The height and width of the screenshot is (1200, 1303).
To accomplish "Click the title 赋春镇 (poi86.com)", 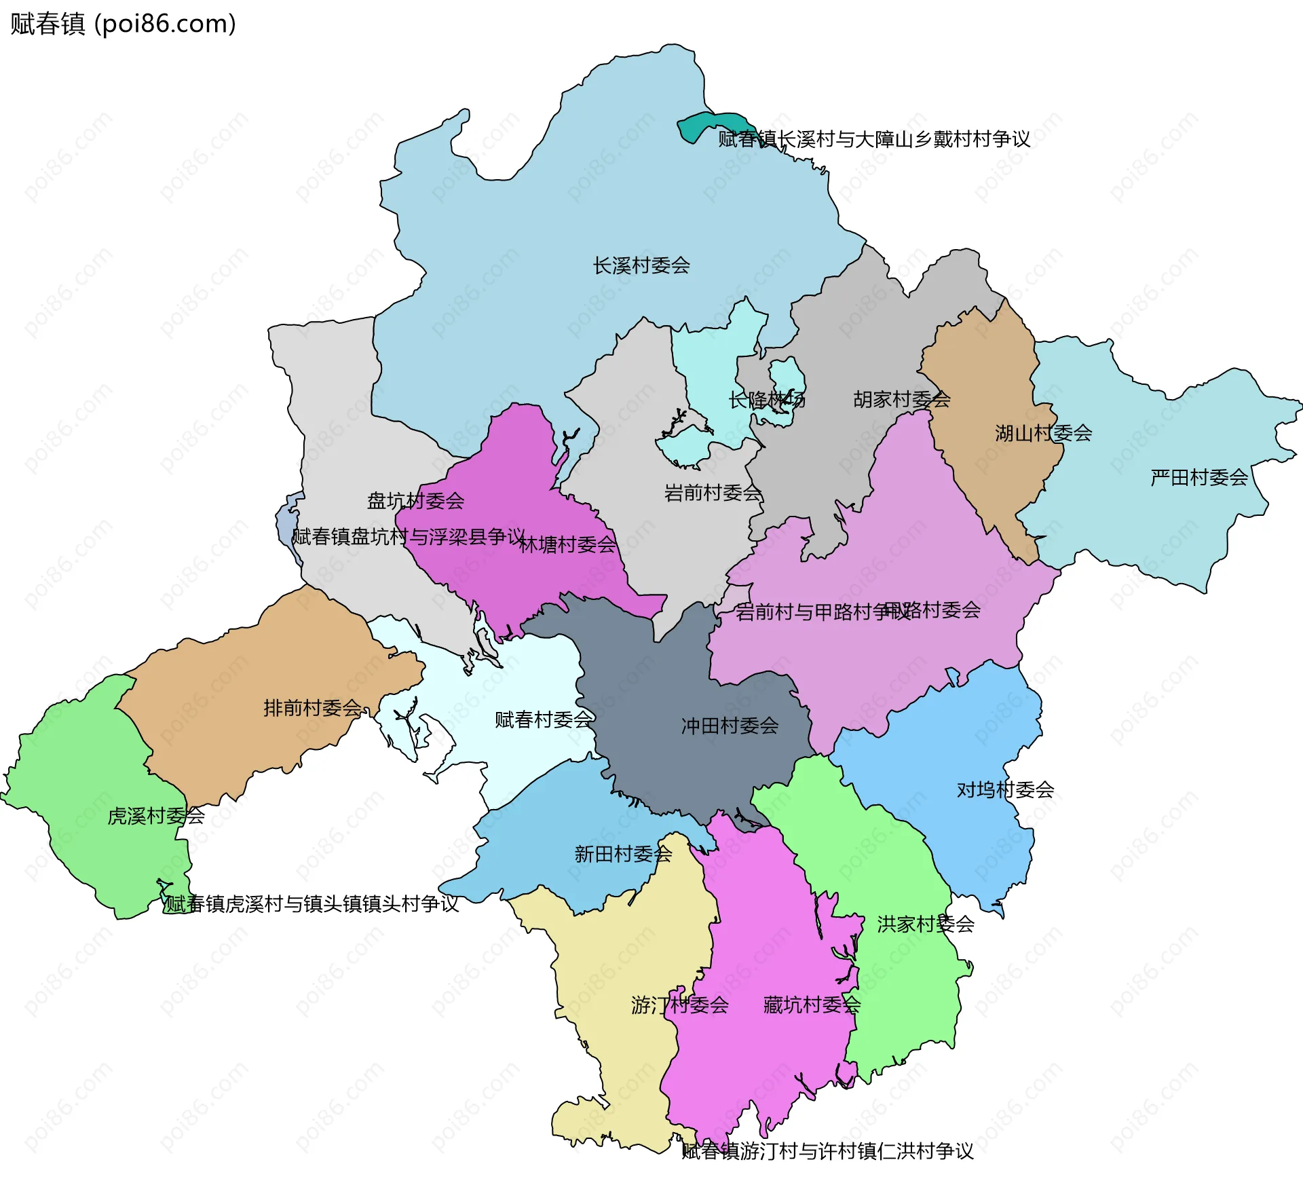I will (123, 24).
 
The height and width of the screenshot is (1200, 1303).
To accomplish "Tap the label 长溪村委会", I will (641, 265).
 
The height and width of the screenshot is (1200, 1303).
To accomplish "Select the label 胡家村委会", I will (901, 399).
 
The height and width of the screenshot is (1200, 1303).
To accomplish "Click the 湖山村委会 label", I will (1043, 433).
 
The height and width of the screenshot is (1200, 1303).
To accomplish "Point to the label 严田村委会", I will (1199, 478).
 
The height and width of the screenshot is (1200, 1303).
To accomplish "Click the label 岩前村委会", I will (713, 493).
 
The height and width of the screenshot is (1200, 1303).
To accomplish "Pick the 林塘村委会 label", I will (567, 544).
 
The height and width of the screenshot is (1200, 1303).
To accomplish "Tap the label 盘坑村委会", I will (415, 501).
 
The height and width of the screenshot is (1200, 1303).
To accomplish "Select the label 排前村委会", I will (312, 708).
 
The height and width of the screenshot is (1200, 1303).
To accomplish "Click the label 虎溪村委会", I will (156, 816).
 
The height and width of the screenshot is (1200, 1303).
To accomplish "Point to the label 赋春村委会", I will (544, 719).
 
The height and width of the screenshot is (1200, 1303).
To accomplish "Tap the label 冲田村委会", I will (730, 726).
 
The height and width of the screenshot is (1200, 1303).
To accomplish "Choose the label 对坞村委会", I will (1005, 790).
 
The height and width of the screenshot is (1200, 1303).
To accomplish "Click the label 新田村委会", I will (623, 854).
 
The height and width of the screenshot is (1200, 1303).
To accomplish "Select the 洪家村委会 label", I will (926, 924).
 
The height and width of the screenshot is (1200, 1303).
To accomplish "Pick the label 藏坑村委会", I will (812, 1005).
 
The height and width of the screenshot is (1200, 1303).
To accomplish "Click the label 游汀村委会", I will (679, 1005).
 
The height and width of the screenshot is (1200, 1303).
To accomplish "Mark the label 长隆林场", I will (767, 400).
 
